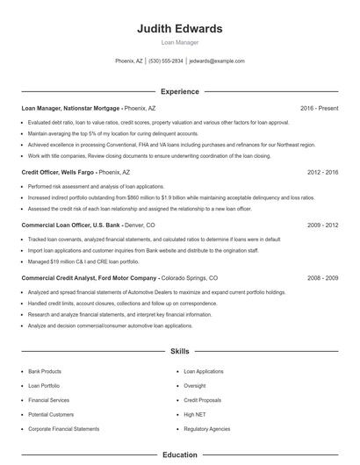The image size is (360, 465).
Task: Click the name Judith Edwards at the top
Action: tap(180, 29)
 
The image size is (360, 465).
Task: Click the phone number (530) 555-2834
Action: tap(166, 61)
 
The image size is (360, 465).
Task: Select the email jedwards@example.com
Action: tap(217, 61)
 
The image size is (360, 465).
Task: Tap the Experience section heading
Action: tap(180, 91)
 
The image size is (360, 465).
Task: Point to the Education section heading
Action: tap(180, 455)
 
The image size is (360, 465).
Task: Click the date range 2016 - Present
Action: tap(319, 108)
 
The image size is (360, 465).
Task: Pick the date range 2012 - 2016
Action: tap(322, 173)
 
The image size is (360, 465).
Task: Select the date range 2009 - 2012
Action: tap(322, 225)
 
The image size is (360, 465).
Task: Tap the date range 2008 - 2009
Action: tap(322, 278)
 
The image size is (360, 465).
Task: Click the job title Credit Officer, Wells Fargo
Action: tap(58, 173)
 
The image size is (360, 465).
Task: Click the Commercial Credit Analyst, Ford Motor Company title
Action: tap(89, 278)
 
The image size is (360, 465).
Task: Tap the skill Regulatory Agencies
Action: tap(207, 428)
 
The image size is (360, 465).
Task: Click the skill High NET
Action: tap(194, 414)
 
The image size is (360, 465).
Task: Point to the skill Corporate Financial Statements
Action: tap(64, 428)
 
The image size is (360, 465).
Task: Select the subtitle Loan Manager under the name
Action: tap(180, 42)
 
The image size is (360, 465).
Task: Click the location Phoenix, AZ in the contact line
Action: tap(129, 61)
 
